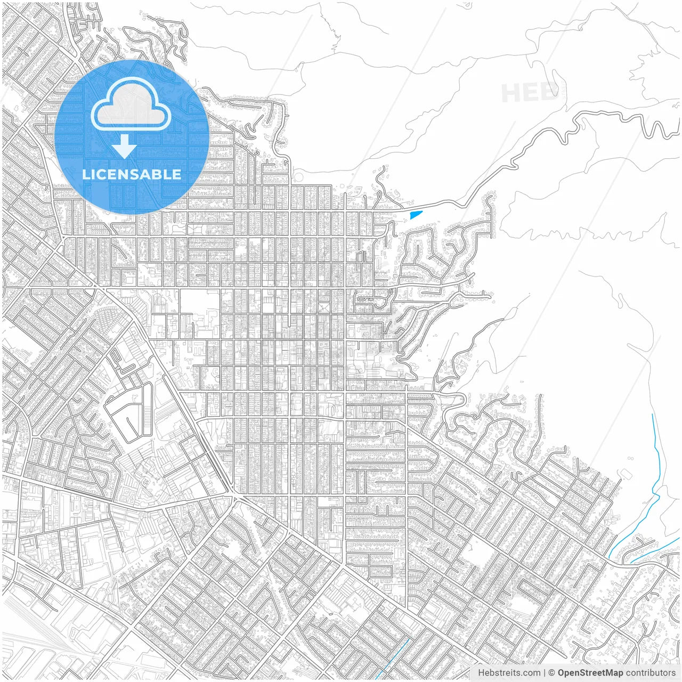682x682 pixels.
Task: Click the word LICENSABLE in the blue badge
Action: tap(132, 174)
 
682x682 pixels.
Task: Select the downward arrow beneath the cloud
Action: tap(124, 147)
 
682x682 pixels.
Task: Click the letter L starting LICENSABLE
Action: tap(85, 174)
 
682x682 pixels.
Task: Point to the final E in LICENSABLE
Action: tap(177, 174)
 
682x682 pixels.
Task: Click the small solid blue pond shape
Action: tap(416, 215)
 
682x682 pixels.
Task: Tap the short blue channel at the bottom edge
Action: tap(396, 658)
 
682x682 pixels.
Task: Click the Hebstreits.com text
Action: tap(509, 673)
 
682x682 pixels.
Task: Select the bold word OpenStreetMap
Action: tap(590, 673)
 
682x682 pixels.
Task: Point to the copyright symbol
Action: tap(552, 673)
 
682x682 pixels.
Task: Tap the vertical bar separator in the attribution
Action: tap(544, 673)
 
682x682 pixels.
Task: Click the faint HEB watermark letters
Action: tap(530, 94)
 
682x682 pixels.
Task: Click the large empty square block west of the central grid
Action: tap(199, 302)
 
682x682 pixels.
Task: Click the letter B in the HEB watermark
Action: tap(551, 93)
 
